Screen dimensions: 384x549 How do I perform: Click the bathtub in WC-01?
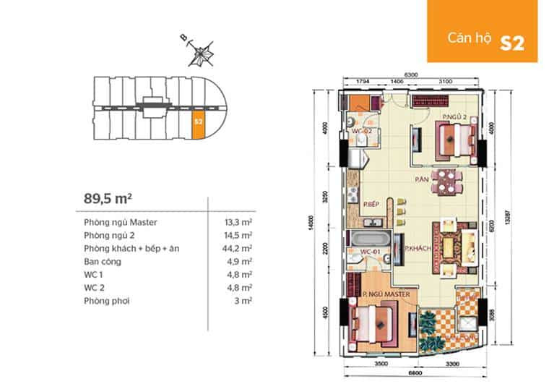[369, 239]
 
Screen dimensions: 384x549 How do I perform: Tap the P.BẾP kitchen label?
[372, 205]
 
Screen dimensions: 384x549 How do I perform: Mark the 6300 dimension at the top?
[412, 74]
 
